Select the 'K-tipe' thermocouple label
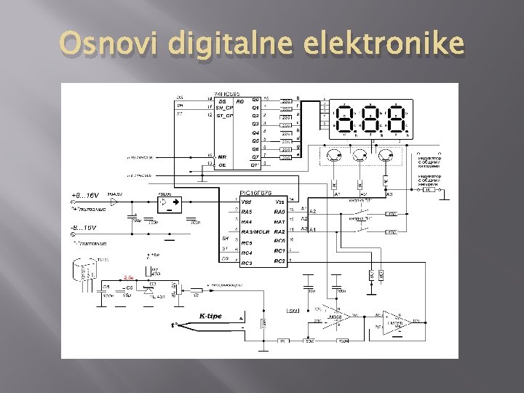coord(210,317)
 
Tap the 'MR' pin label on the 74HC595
coord(222,156)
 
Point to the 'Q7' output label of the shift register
coord(255,156)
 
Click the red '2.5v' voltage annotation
coord(129,277)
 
